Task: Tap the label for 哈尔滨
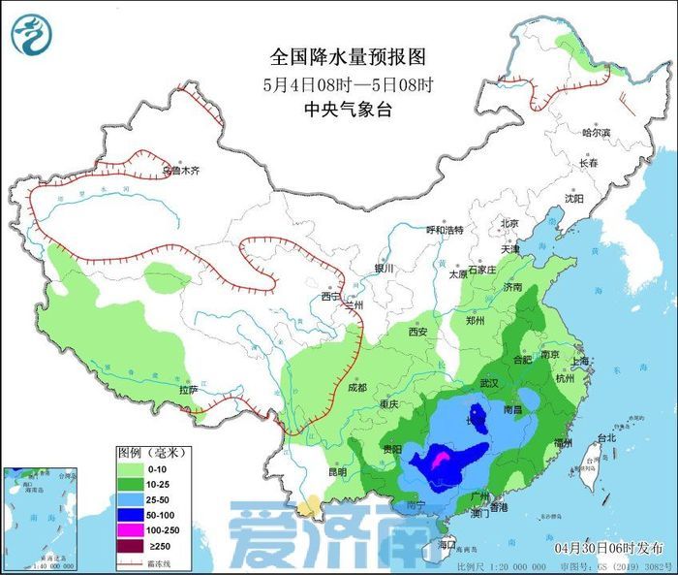click(597, 132)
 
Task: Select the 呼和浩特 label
click(446, 231)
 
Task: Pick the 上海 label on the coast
click(581, 361)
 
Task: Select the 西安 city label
click(417, 332)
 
